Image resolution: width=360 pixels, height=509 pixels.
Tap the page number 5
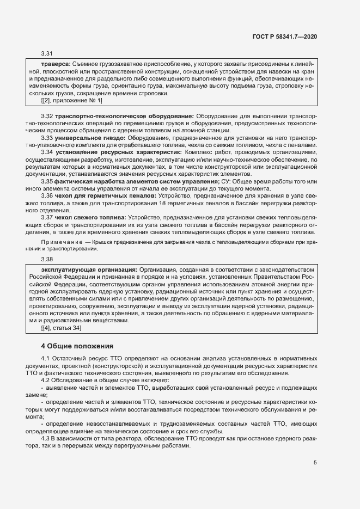pyautogui.click(x=315, y=463)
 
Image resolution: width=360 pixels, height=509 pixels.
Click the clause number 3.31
pyautogui.click(x=47, y=53)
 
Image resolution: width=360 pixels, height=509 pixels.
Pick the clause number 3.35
pyautogui.click(x=47, y=181)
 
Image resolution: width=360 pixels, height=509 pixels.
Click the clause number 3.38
pyautogui.click(x=47, y=259)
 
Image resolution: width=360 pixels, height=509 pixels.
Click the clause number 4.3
pyautogui.click(x=47, y=438)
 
